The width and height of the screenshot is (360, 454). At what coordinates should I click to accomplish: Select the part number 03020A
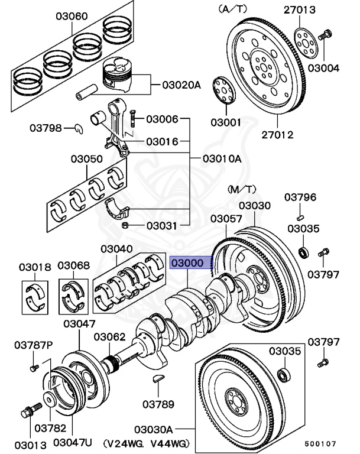181,85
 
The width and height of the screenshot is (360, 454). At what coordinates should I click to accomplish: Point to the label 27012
277,135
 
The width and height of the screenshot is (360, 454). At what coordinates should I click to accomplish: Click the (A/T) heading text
233,9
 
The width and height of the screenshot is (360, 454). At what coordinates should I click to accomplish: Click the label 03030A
153,429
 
